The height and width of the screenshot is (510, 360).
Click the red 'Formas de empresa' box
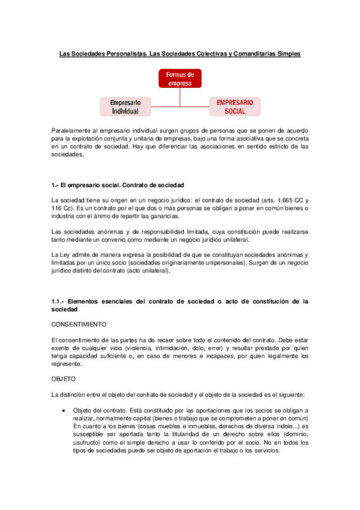[180, 78]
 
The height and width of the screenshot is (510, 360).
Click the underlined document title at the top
[180, 54]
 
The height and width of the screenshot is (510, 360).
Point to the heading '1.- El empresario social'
[118, 185]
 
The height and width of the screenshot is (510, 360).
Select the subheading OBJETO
[64, 380]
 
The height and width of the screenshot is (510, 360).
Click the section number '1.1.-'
[58, 301]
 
